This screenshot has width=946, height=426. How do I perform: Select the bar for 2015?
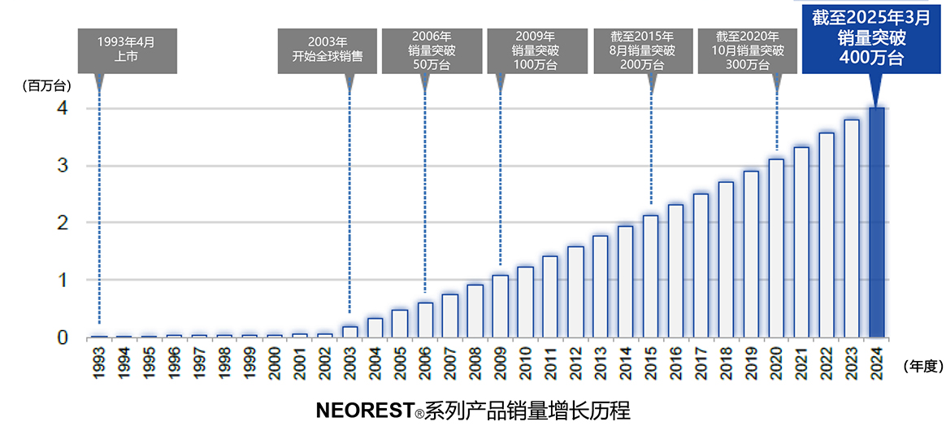651,276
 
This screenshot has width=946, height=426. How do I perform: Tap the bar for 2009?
500,306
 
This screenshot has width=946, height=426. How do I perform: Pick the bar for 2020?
776,248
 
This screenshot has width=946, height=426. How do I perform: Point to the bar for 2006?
425,319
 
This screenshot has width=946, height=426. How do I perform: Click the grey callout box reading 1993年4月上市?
125,50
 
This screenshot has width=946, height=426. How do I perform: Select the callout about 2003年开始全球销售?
327,50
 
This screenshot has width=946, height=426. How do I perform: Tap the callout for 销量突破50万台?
432,50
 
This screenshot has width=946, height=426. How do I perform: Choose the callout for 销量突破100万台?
536,50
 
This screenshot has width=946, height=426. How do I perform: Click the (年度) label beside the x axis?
921,367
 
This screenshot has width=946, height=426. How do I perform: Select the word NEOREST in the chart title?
365,410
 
